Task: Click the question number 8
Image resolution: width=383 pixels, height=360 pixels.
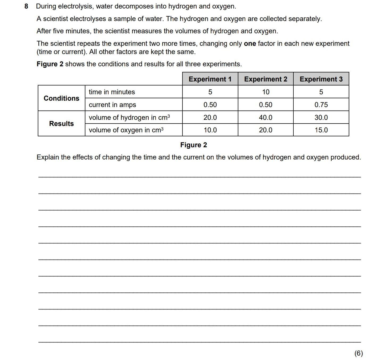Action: [26, 6]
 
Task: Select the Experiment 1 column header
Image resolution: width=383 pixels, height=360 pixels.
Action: [210, 79]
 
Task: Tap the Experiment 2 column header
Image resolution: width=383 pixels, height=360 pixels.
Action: [265, 79]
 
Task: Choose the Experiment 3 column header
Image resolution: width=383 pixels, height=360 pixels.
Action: [321, 79]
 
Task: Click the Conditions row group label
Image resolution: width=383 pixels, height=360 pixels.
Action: [61, 98]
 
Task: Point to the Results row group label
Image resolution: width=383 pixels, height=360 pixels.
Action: [61, 124]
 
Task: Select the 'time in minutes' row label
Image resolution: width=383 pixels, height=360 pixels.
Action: [112, 92]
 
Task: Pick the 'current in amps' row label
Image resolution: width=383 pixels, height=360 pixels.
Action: [112, 105]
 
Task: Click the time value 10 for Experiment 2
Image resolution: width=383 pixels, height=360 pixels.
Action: [266, 92]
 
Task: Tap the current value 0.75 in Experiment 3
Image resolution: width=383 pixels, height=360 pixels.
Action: [321, 105]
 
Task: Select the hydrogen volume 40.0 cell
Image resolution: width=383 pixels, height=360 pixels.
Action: [265, 117]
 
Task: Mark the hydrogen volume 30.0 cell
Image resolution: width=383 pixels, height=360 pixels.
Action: [321, 117]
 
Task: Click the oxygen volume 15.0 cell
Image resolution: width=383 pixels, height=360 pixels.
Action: [321, 130]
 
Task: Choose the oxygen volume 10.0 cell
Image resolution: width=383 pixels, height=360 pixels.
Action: [210, 130]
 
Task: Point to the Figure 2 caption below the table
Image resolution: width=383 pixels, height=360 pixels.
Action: [193, 145]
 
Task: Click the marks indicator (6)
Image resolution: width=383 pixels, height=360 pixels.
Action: [358, 353]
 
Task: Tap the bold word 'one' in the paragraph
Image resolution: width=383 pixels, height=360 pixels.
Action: [250, 43]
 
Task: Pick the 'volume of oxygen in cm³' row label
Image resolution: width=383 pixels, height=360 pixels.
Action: [126, 130]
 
